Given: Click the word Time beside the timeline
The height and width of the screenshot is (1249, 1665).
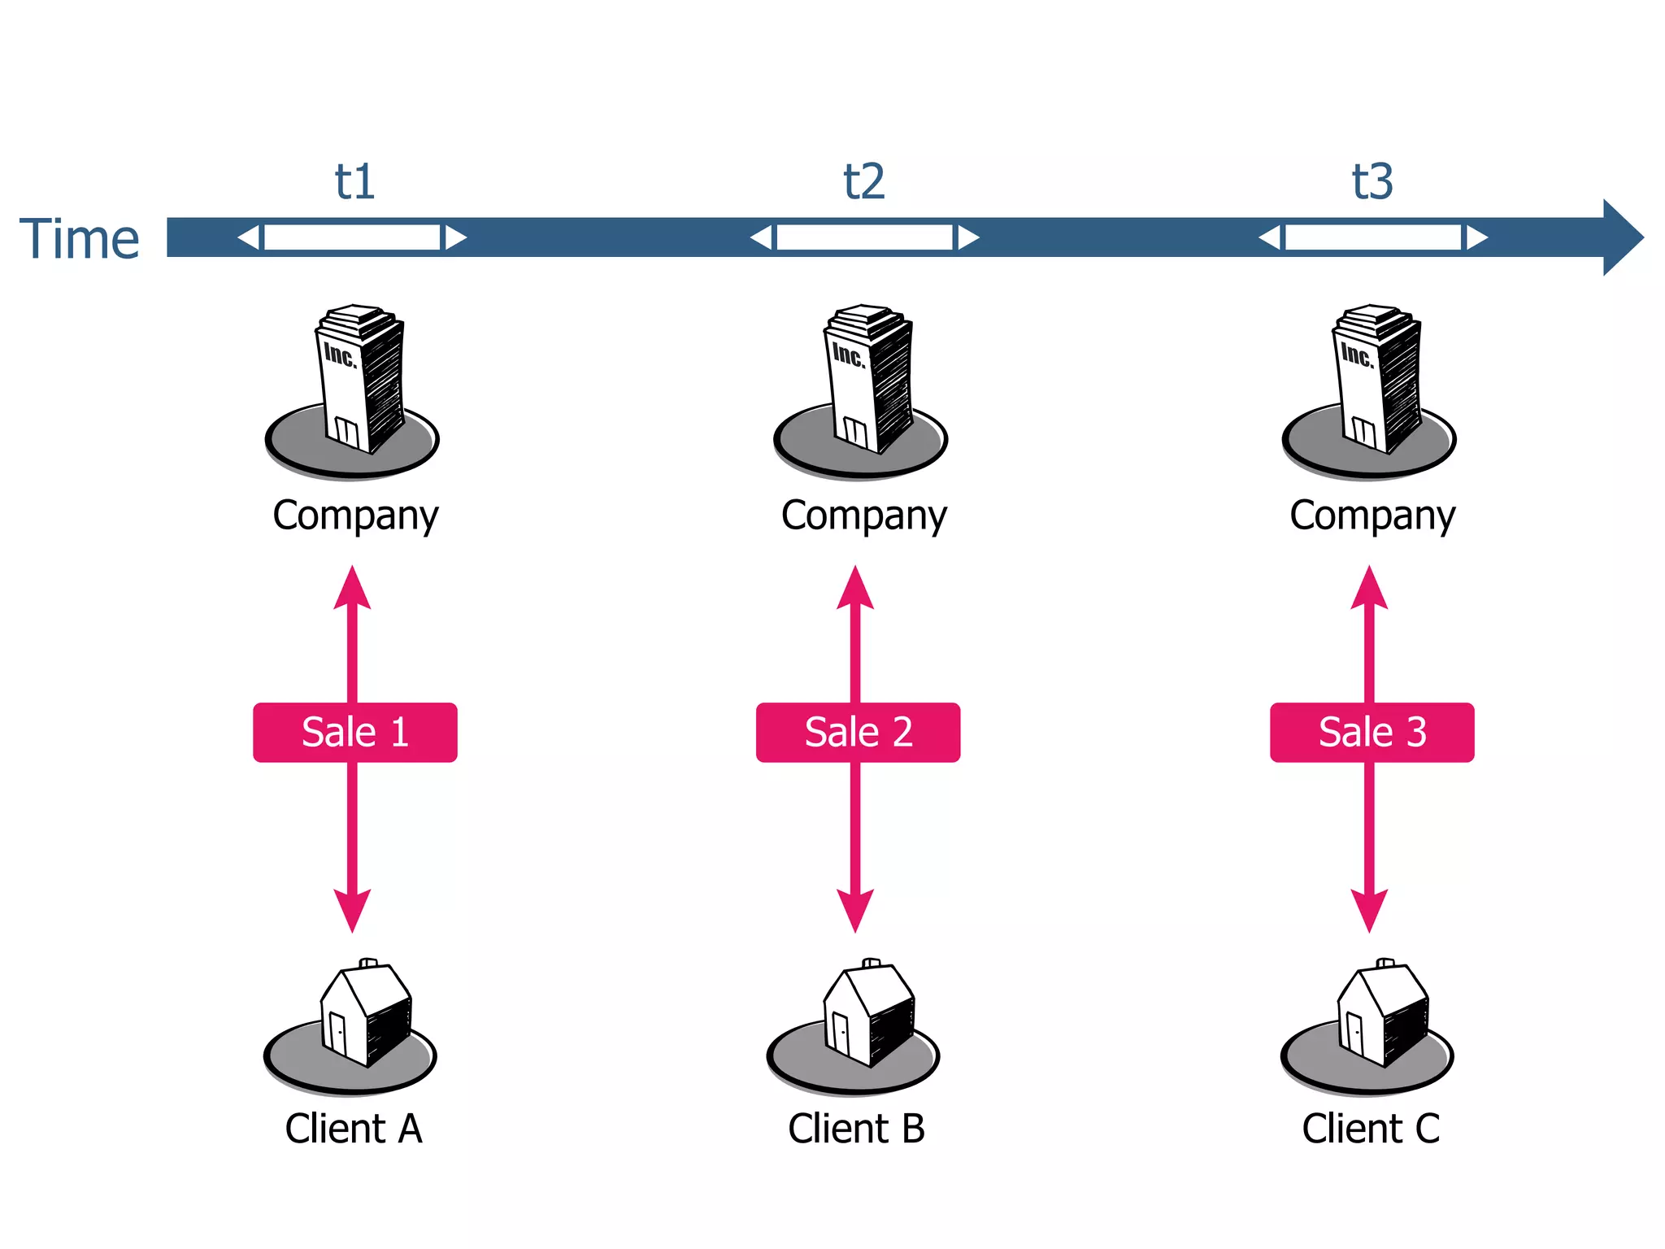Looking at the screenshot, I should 79,239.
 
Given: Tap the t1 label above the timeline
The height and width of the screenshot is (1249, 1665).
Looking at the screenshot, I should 354,181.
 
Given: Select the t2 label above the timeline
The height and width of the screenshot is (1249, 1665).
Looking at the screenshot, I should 863,181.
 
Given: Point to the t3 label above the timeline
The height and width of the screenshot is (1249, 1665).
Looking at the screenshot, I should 1372,181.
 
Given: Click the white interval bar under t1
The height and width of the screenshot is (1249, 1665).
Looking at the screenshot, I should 352,237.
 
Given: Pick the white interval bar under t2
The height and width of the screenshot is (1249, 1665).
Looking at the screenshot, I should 864,237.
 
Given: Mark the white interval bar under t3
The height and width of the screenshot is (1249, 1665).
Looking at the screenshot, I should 1373,237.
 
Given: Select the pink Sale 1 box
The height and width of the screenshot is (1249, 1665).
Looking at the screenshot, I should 354,732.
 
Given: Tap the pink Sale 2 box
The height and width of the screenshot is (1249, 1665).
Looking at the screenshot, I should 858,732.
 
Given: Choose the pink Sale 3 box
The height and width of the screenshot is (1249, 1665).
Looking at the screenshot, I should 1372,732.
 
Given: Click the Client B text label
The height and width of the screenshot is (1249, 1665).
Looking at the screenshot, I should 856,1129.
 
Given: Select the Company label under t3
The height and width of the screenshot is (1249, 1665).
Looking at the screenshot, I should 1372,516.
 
